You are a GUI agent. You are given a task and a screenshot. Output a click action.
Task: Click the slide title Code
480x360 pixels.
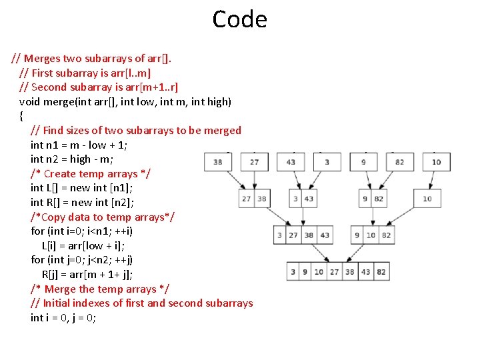(239, 19)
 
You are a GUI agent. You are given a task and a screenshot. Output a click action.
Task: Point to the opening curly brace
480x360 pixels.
(22, 116)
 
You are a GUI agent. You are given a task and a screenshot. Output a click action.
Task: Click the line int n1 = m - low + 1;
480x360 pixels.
(79, 145)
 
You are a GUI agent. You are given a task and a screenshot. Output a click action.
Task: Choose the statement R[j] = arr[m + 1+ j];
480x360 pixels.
(97, 274)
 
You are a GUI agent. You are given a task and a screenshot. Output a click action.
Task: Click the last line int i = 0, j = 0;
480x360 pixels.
(63, 317)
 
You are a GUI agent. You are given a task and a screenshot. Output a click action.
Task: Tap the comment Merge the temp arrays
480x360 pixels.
(99, 289)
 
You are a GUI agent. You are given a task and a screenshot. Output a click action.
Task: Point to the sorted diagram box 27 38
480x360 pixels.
(253, 199)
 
